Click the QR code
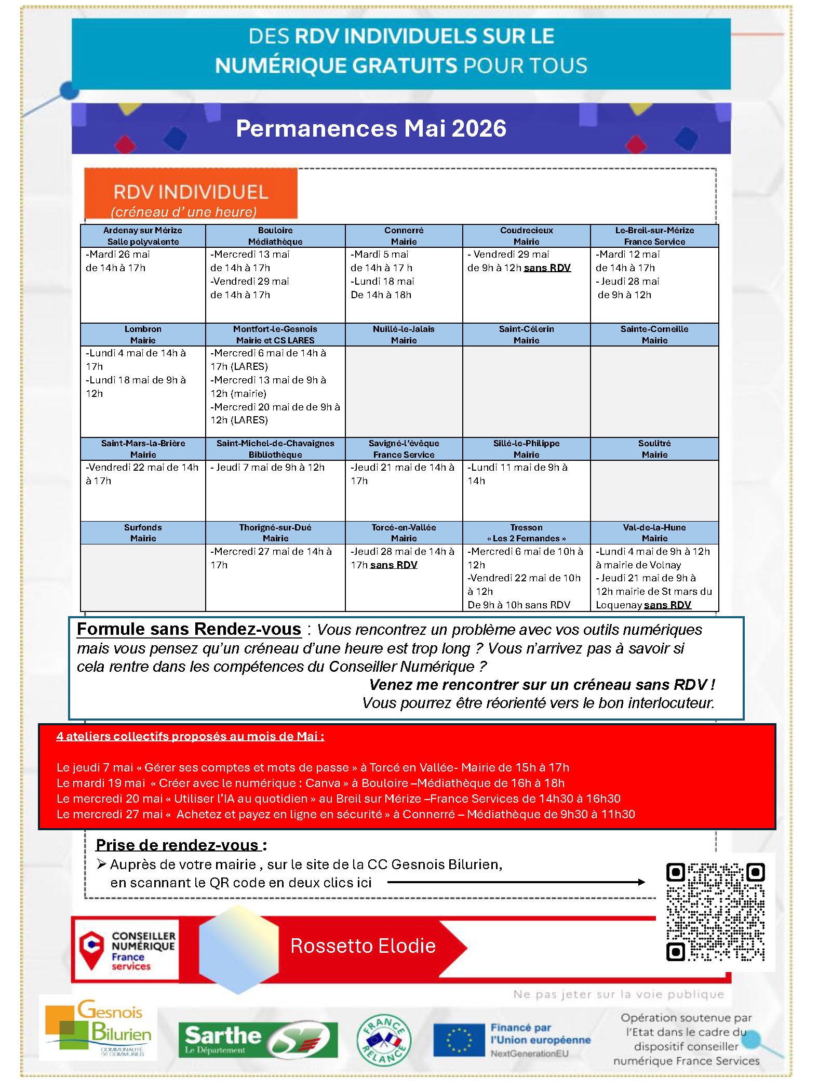tap(715, 912)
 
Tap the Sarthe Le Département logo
tap(258, 1040)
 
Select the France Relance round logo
tap(384, 1040)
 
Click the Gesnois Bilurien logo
tap(99, 1028)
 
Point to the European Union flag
tap(459, 1040)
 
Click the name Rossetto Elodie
tap(363, 946)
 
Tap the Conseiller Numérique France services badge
tap(126, 950)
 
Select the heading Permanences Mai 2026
tap(371, 128)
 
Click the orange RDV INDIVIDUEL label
tap(191, 193)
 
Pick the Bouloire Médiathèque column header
tap(275, 236)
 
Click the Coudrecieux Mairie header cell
tap(526, 236)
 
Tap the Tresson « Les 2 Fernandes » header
tap(526, 533)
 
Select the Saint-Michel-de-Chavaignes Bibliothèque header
tap(275, 449)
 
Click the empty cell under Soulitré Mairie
tap(654, 490)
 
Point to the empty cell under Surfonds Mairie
tap(143, 577)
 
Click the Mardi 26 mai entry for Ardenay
tap(118, 255)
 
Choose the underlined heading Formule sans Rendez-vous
tap(189, 629)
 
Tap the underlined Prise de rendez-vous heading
tap(178, 845)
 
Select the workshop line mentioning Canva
tap(310, 783)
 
